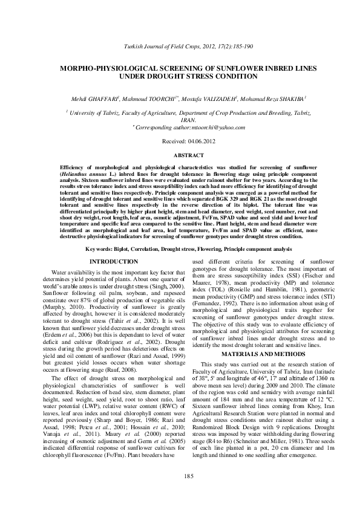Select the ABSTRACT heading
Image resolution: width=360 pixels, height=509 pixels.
(x=180, y=155)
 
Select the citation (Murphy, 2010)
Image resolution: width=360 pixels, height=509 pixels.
(x=63, y=308)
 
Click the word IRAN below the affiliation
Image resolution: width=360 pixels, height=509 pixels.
(x=180, y=120)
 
